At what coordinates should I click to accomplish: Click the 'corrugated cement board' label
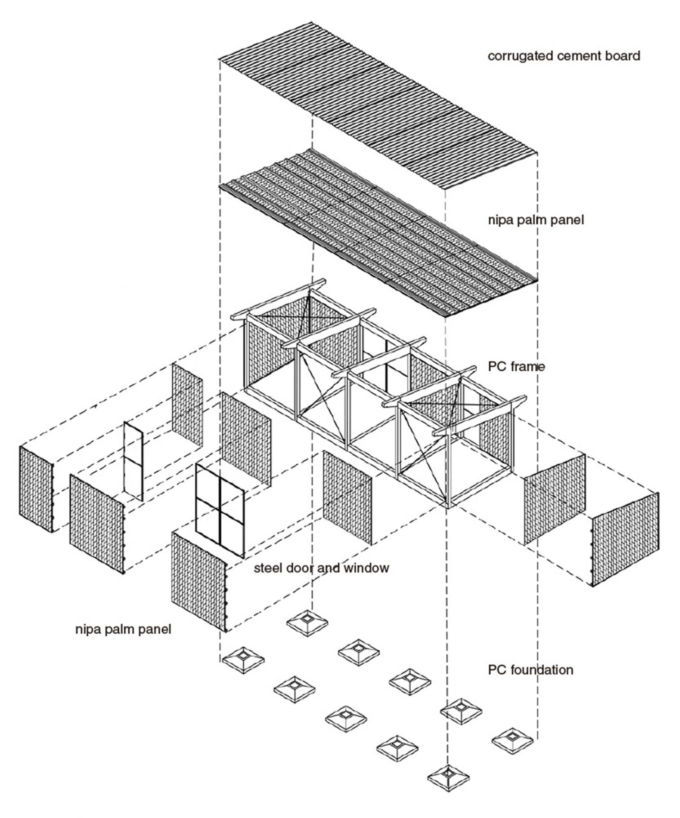pyautogui.click(x=564, y=56)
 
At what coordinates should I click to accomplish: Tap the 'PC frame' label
pyautogui.click(x=516, y=367)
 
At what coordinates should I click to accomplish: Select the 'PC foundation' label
pyautogui.click(x=530, y=670)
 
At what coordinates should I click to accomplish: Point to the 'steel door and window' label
pyautogui.click(x=321, y=568)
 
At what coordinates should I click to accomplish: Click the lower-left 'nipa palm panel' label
pyautogui.click(x=123, y=629)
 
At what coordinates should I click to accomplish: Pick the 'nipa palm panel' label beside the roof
pyautogui.click(x=536, y=220)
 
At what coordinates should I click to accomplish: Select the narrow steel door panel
pyautogui.click(x=134, y=461)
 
